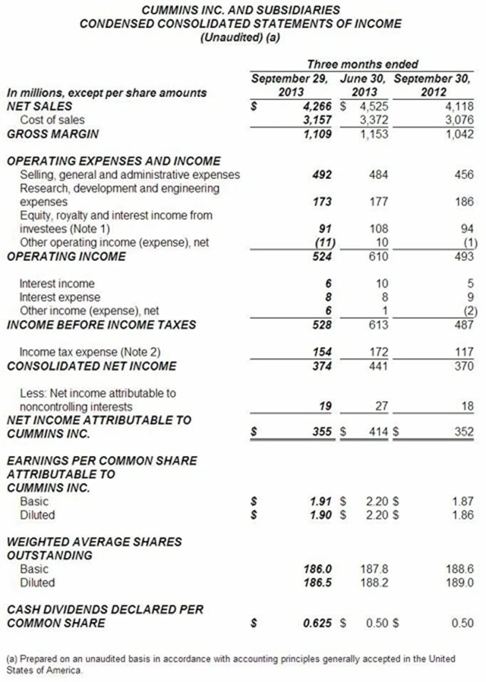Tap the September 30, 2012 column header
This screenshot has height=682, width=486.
(x=434, y=85)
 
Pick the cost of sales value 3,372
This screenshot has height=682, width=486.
(x=373, y=120)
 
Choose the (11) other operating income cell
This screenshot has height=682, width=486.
(x=325, y=243)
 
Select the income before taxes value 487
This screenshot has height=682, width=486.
(x=462, y=325)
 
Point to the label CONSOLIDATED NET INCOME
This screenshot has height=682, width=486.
(x=91, y=366)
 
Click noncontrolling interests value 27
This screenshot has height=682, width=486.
(x=381, y=407)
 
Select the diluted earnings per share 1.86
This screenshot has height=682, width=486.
(x=462, y=515)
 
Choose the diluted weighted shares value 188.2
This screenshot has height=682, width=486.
(x=374, y=583)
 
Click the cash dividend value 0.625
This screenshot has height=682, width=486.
(x=319, y=624)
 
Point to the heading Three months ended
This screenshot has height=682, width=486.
(x=362, y=64)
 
